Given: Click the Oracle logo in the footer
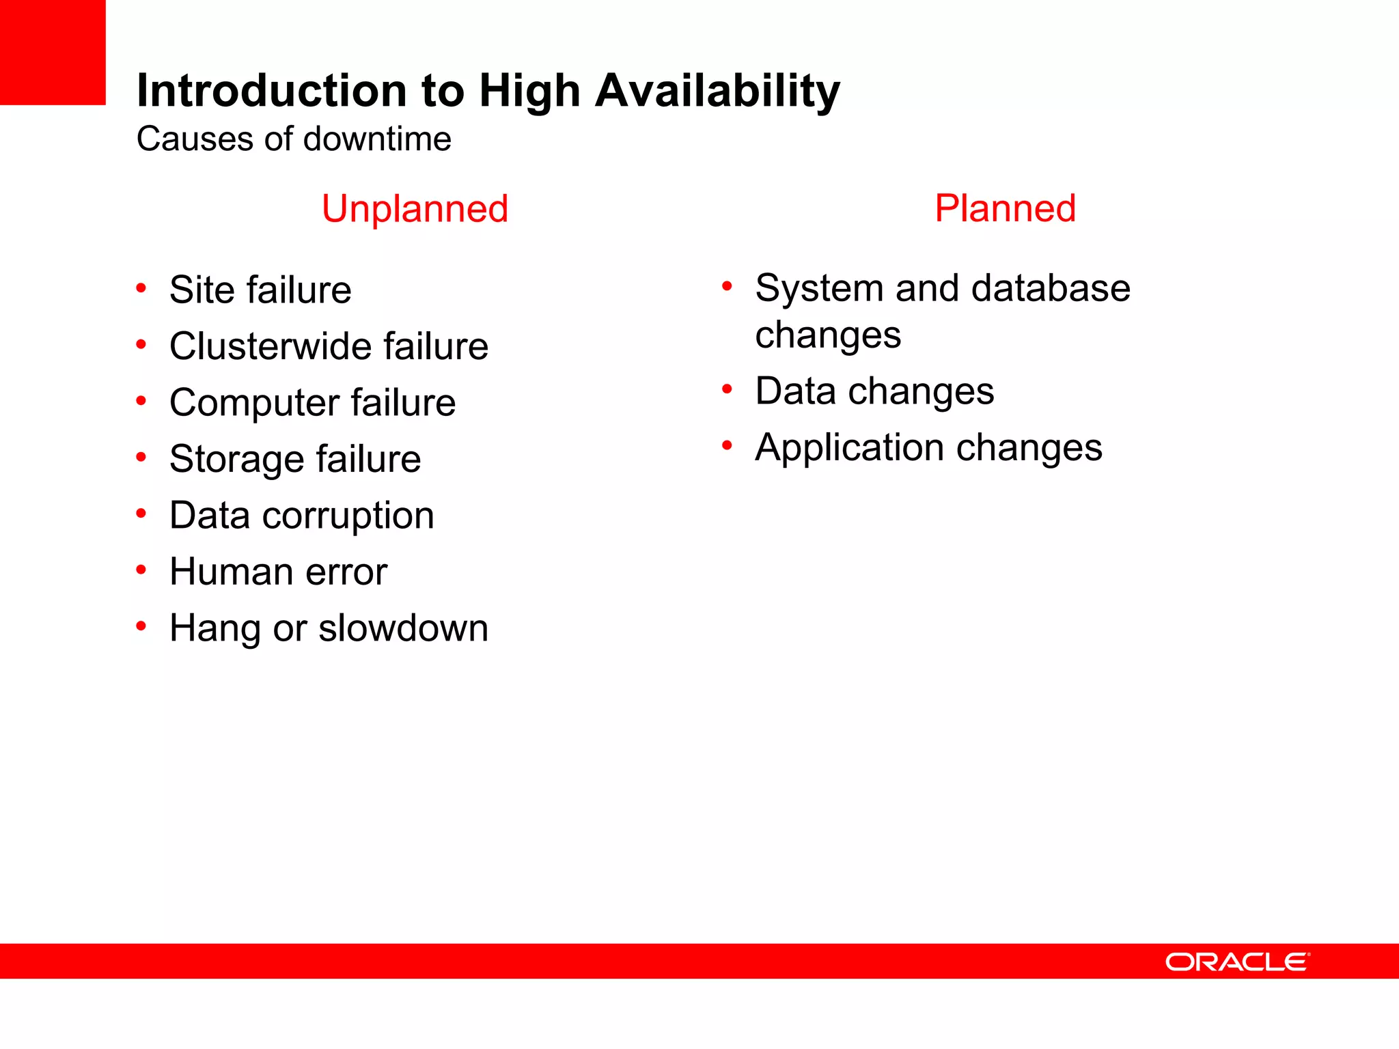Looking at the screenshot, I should (1237, 962).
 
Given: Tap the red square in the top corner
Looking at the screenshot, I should (53, 52).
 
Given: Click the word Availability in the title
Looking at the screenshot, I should (717, 91).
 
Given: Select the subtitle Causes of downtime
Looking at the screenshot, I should (294, 139).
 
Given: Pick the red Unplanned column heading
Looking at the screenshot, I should (415, 208).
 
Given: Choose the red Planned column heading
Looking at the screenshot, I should (1005, 208).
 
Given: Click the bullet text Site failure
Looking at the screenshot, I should (260, 290).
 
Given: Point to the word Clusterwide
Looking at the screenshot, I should (270, 346).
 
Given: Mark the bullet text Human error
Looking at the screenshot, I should (278, 572).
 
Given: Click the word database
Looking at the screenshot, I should (1051, 288).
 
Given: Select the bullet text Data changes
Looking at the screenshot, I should (874, 391).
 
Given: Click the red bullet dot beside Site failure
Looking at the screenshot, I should (141, 288).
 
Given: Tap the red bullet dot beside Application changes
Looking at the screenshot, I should (727, 446).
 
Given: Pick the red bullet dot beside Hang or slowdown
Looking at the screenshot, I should (141, 626).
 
